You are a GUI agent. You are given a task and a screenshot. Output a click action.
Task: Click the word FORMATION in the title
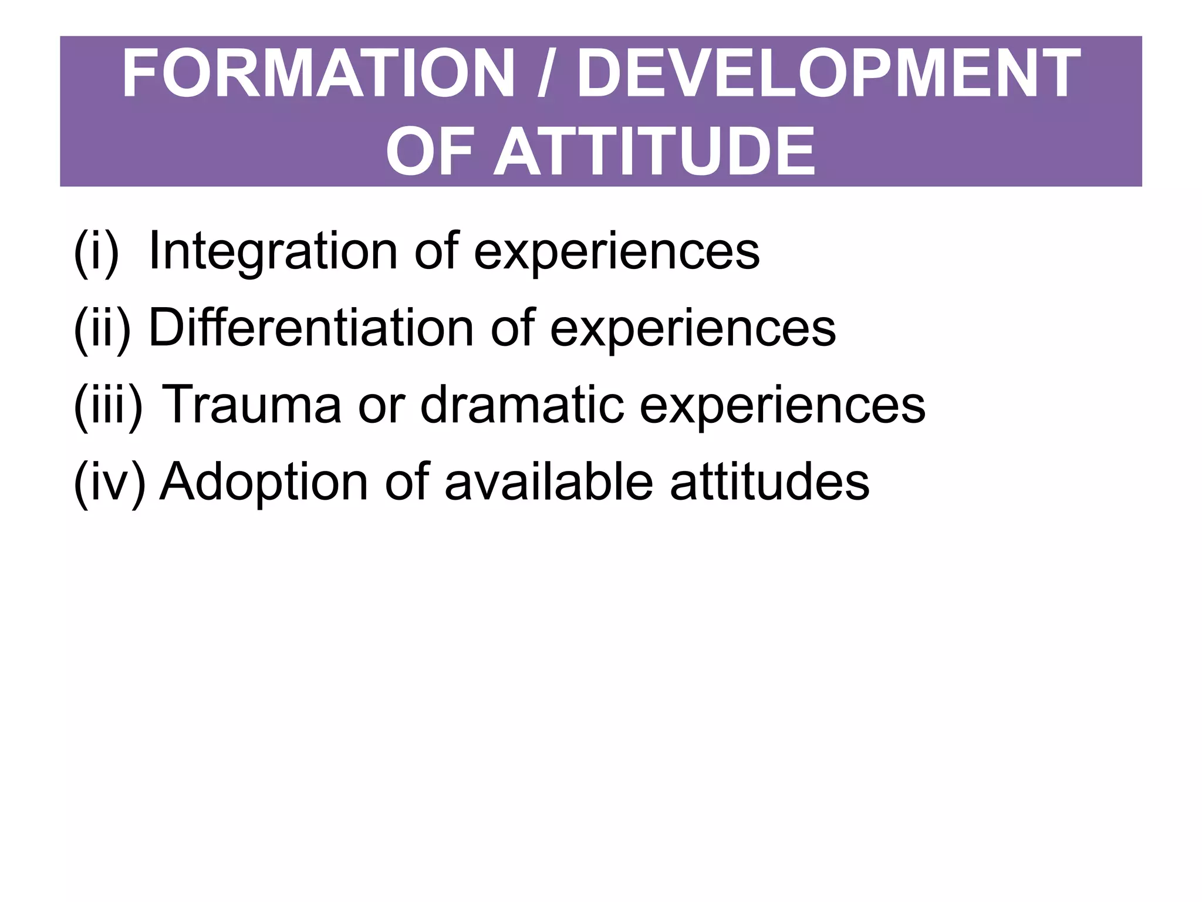(x=318, y=75)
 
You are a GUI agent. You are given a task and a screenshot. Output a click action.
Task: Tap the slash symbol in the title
(x=545, y=75)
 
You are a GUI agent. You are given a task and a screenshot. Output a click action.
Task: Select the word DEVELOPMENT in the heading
(x=828, y=75)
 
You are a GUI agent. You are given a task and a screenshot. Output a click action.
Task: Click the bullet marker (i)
(x=96, y=252)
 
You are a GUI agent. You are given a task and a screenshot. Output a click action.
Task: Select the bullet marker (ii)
(x=102, y=328)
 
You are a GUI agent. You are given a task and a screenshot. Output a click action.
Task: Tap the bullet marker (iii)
(x=108, y=405)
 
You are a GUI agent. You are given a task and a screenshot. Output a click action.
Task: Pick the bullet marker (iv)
(x=109, y=482)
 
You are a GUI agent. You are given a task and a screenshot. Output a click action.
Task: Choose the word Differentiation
(x=311, y=328)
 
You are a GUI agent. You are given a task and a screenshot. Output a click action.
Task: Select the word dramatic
(x=522, y=405)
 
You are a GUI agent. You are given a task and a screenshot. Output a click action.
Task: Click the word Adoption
(x=264, y=482)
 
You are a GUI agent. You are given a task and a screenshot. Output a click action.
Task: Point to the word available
(x=549, y=482)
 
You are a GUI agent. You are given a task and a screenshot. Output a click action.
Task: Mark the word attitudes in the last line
(x=769, y=482)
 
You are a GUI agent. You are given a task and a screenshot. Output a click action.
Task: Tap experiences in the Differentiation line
(x=693, y=329)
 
